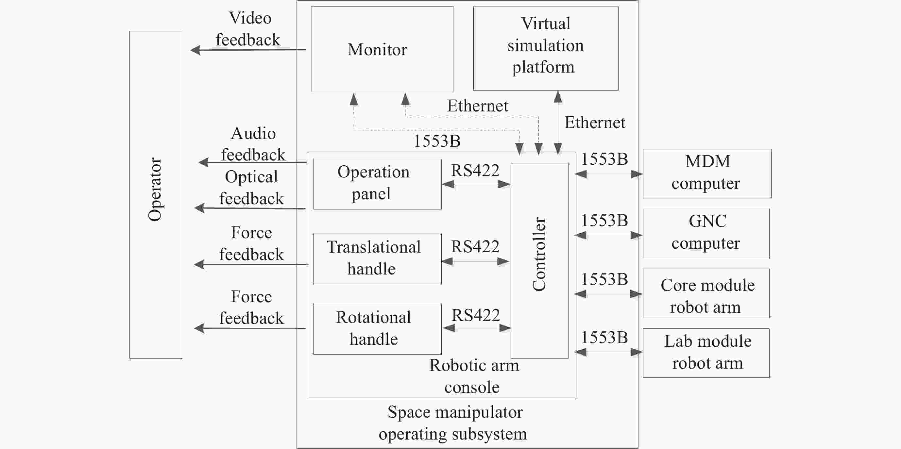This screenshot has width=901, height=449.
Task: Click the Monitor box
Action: click(382, 49)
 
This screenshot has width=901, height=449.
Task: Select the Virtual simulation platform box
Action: click(546, 49)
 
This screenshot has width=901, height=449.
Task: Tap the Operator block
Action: click(156, 195)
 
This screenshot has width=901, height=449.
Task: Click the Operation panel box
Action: click(377, 184)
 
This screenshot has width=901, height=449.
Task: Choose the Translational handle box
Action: click(377, 259)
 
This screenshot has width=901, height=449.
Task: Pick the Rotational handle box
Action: click(377, 329)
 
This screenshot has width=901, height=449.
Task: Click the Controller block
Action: click(540, 260)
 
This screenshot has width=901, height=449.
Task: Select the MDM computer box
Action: click(707, 174)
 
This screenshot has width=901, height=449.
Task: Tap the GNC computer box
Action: click(706, 233)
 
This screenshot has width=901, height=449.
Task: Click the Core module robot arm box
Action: click(706, 293)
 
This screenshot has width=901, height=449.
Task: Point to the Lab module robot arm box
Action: click(706, 353)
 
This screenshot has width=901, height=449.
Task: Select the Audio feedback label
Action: click(253, 144)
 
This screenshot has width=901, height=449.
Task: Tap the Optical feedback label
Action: click(251, 188)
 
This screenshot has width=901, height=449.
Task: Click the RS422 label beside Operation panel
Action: click(475, 170)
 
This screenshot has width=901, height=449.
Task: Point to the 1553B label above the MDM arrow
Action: click(604, 159)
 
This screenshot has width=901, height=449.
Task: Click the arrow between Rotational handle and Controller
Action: click(477, 328)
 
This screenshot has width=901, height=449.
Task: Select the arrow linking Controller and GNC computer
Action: click(609, 235)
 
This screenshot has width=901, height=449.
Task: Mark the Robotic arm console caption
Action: click(474, 376)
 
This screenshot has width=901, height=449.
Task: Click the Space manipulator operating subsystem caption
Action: click(453, 423)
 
